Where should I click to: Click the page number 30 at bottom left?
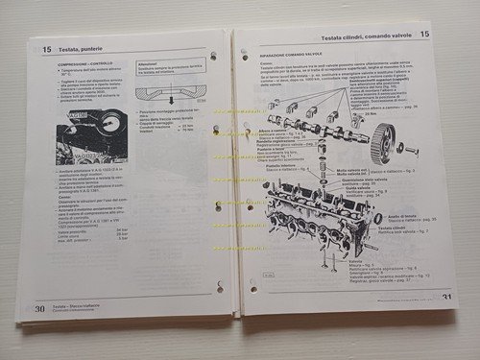(x=40, y=307)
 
